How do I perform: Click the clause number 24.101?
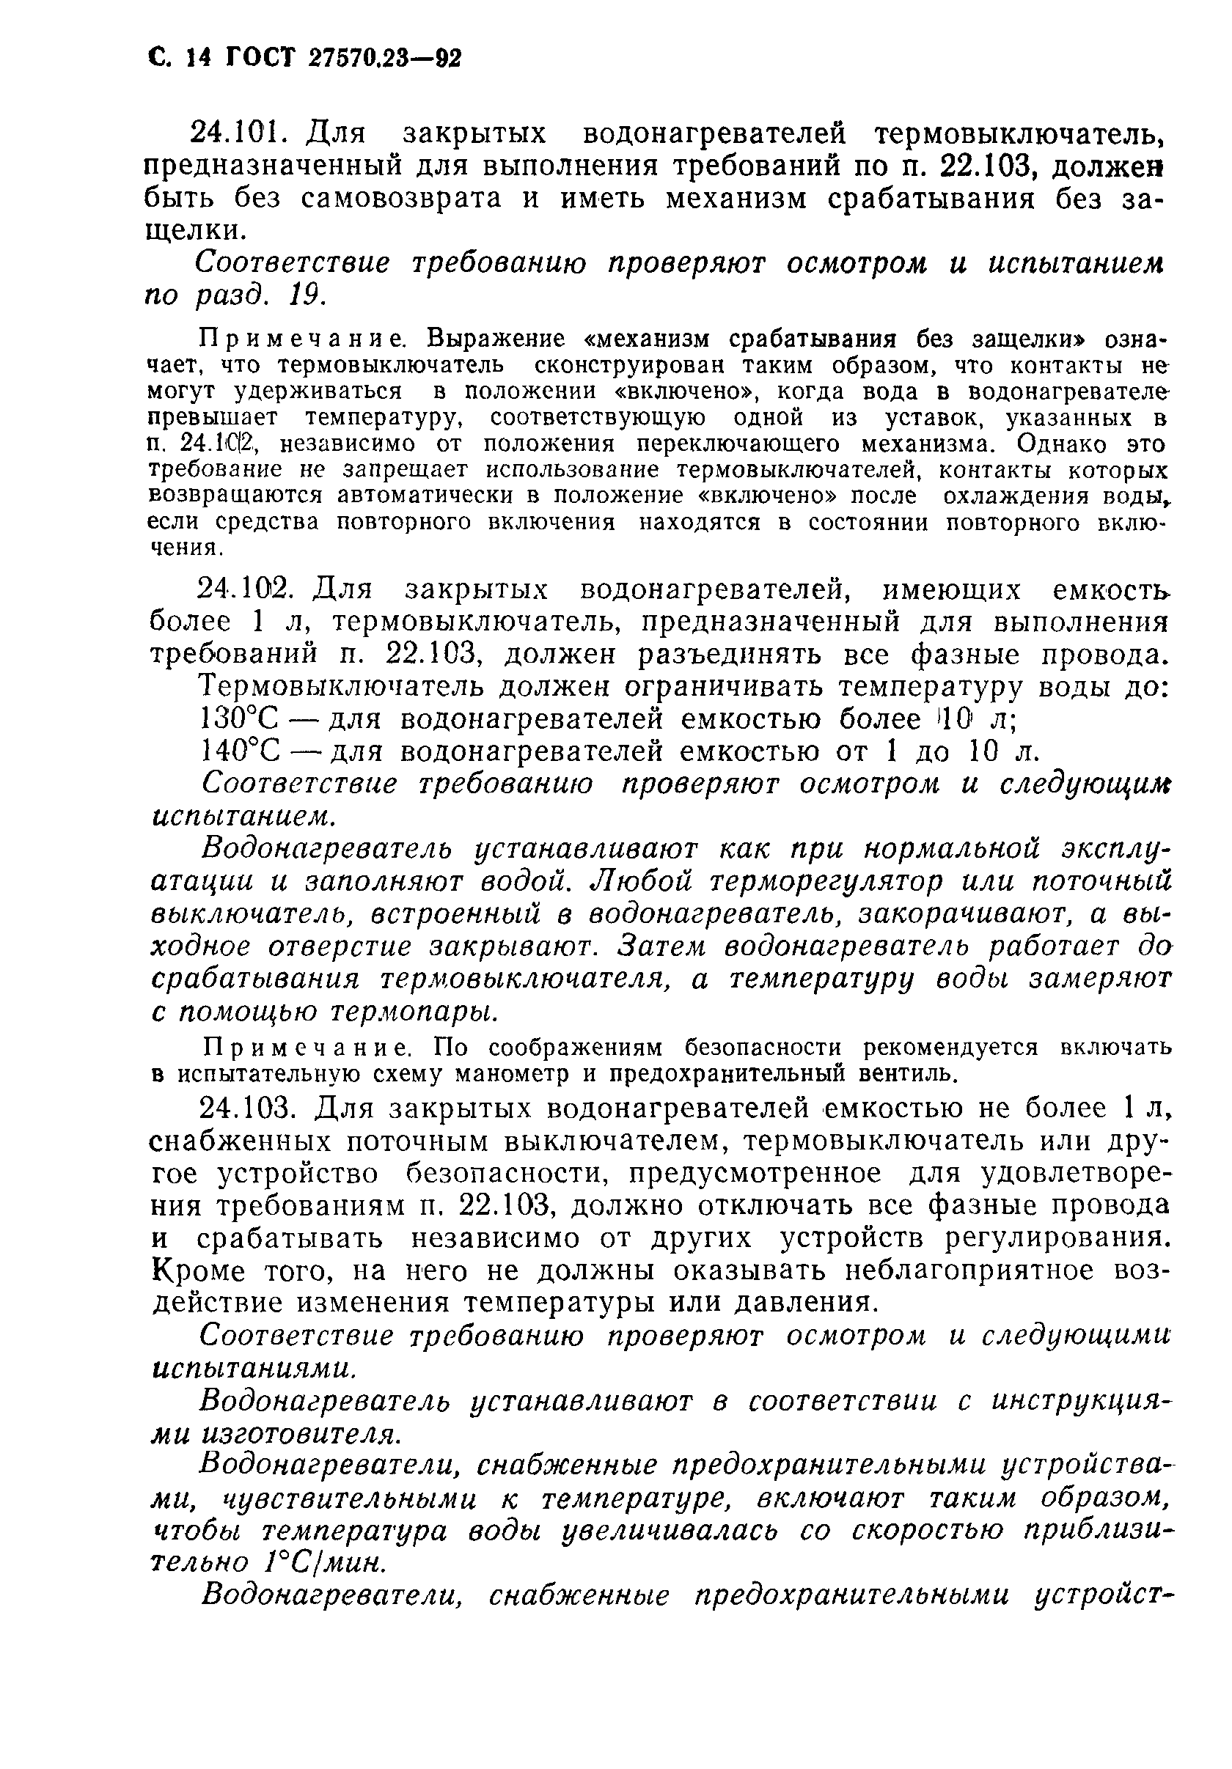pos(243,134)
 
